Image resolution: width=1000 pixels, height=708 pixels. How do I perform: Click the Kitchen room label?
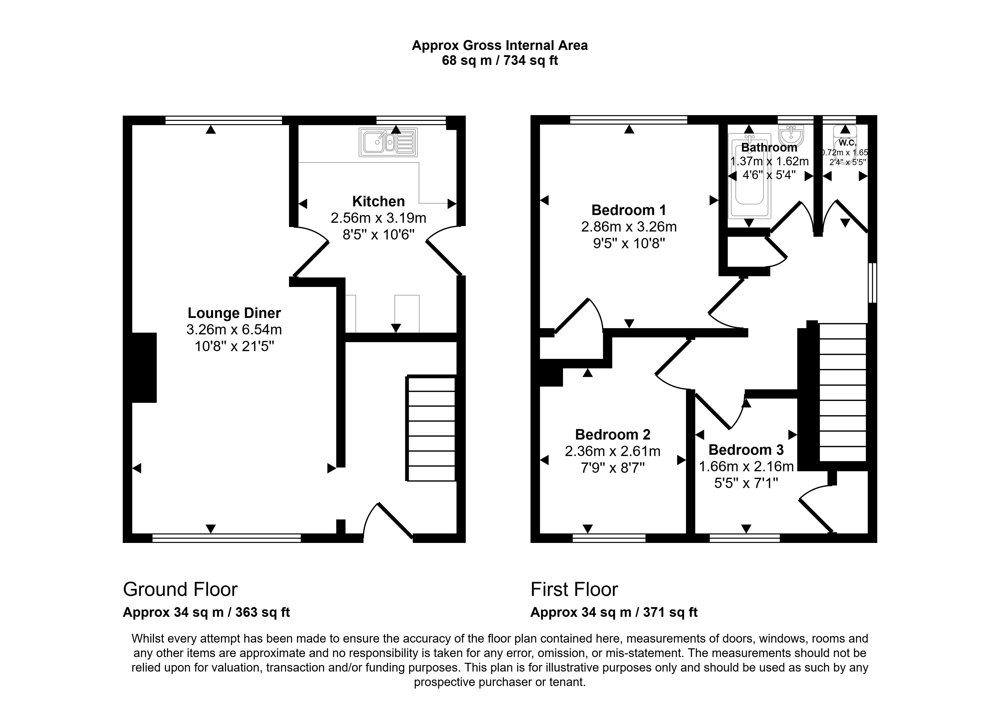pyautogui.click(x=378, y=202)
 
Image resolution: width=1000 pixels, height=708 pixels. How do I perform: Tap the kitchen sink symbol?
pyautogui.click(x=388, y=142)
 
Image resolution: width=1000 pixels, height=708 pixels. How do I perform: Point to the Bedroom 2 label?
pyautogui.click(x=612, y=435)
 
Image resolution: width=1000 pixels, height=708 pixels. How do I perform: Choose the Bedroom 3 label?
pyautogui.click(x=746, y=450)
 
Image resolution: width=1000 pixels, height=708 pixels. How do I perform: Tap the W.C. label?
pyautogui.click(x=847, y=143)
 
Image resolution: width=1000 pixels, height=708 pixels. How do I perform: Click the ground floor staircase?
pyautogui.click(x=431, y=429)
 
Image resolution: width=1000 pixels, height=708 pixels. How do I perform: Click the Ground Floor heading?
pyautogui.click(x=180, y=589)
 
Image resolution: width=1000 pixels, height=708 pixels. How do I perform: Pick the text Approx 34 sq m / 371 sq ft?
pyautogui.click(x=613, y=613)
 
